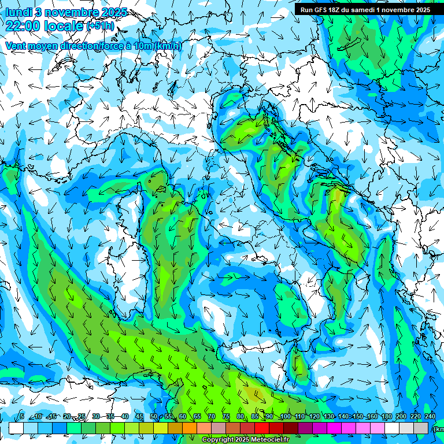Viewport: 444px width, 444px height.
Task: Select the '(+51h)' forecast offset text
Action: [100, 27]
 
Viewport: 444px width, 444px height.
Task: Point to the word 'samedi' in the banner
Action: [361, 10]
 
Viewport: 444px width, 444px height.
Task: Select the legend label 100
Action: [284, 416]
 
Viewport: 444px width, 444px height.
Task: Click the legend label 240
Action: [430, 416]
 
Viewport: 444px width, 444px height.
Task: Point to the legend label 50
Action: [154, 416]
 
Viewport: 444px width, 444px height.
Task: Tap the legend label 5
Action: [22, 416]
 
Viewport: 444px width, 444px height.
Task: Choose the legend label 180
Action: [386, 416]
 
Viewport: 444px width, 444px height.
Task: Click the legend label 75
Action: [226, 416]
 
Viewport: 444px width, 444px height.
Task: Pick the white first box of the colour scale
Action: [16, 428]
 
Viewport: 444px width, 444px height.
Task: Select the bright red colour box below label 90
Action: [262, 428]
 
